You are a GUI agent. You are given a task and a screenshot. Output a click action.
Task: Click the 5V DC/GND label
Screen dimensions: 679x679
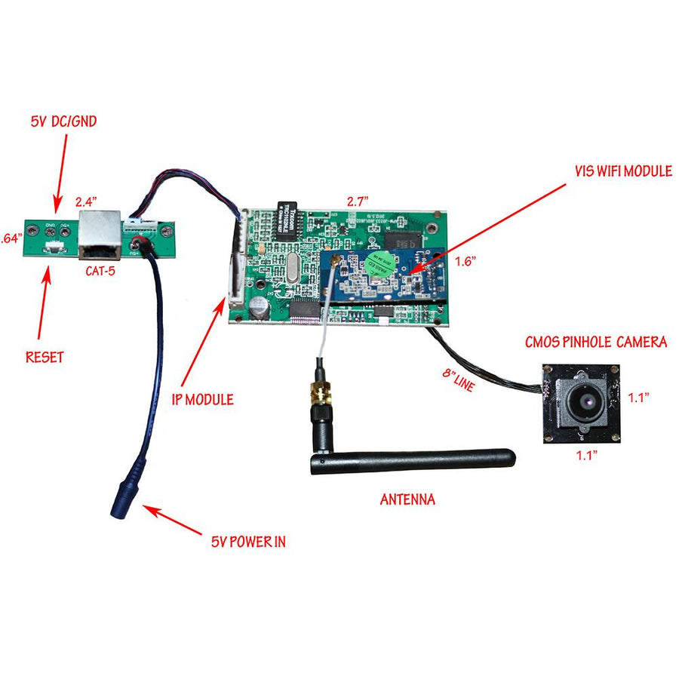[x=63, y=121]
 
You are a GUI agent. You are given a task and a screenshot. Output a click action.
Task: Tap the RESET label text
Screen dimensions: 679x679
[x=45, y=356]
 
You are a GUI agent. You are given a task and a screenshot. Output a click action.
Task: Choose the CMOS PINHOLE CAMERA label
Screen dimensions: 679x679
[x=596, y=342]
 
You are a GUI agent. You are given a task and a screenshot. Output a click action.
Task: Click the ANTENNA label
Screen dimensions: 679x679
[x=407, y=499]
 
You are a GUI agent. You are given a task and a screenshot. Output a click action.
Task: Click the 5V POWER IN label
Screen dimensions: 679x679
[x=248, y=540]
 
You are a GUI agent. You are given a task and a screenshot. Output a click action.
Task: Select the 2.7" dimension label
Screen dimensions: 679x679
[x=356, y=201]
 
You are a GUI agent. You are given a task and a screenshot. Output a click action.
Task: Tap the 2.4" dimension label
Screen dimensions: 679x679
[x=87, y=201]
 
